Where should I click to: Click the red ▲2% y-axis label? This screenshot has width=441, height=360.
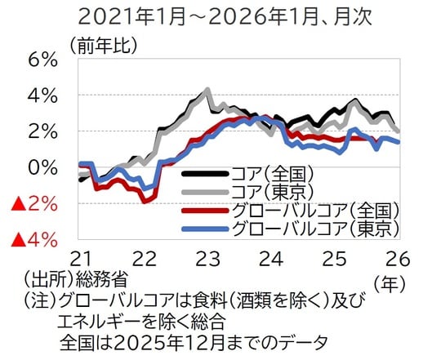(x=32, y=203)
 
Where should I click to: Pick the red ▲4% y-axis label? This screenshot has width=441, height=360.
(x=32, y=239)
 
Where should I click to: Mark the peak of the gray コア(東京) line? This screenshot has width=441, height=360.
(x=207, y=90)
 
